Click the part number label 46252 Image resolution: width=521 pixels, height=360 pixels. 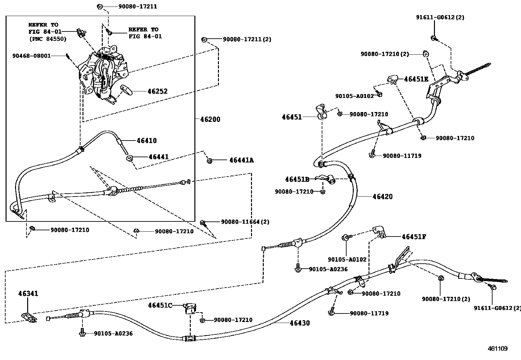pyautogui.click(x=157, y=91)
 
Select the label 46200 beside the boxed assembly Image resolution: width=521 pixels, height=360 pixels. pyautogui.click(x=210, y=120)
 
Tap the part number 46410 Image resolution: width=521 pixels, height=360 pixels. pyautogui.click(x=147, y=141)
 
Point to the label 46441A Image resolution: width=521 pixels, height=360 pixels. pyautogui.click(x=242, y=160)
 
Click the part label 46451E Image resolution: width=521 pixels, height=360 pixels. pyautogui.click(x=416, y=79)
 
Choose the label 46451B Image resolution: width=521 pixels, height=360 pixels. pyautogui.click(x=297, y=180)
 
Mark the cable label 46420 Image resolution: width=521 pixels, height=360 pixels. pyautogui.click(x=382, y=197)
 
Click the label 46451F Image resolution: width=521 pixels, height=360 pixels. pyautogui.click(x=414, y=237)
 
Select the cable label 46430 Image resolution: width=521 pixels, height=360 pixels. pyautogui.click(x=299, y=323)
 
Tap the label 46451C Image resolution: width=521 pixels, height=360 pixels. pyautogui.click(x=160, y=305)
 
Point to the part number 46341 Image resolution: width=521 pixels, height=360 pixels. pyautogui.click(x=28, y=294)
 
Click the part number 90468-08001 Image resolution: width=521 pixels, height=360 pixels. pyautogui.click(x=32, y=56)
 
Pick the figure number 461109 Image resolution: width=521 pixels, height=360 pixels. pyautogui.click(x=497, y=349)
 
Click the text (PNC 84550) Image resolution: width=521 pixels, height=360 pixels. pyautogui.click(x=48, y=39)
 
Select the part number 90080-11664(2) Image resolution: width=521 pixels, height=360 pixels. pyautogui.click(x=245, y=222)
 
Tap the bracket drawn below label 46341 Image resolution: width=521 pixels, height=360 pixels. pyautogui.click(x=29, y=317)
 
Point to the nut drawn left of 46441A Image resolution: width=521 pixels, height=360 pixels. pyautogui.click(x=209, y=161)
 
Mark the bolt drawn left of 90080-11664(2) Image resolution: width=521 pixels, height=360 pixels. pyautogui.click(x=203, y=223)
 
